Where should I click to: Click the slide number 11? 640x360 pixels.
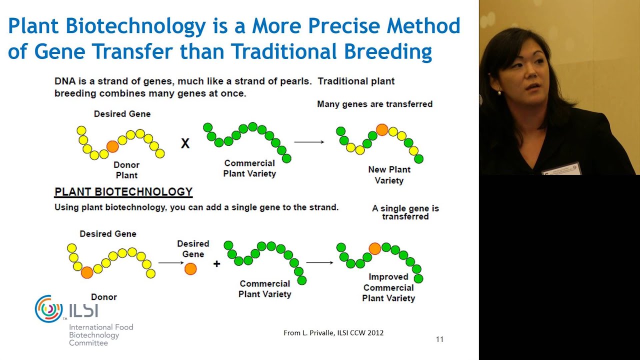(x=439, y=339)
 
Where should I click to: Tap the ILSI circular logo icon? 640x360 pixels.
(x=48, y=308)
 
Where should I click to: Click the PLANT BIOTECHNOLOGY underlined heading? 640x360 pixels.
(x=123, y=192)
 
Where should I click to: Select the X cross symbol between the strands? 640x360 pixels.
(x=185, y=144)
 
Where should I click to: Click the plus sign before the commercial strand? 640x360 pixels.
(x=216, y=264)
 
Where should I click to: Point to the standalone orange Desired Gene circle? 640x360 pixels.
(x=190, y=269)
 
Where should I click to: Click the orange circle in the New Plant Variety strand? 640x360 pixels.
(x=382, y=130)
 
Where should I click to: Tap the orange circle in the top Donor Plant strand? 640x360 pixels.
(x=112, y=146)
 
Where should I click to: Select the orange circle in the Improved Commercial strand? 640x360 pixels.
(x=374, y=248)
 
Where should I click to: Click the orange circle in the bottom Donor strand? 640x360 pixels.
(x=87, y=272)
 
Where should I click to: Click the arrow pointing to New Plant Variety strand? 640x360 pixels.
(x=309, y=142)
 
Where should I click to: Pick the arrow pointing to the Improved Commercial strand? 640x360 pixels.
(x=319, y=262)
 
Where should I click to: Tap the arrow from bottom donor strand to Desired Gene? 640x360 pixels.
(x=171, y=262)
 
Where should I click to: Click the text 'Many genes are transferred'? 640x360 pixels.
(x=374, y=104)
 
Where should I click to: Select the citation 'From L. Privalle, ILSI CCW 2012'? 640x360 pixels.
(x=333, y=332)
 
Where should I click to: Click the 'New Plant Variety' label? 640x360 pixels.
(x=389, y=175)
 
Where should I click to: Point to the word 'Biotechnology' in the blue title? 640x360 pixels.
(x=136, y=26)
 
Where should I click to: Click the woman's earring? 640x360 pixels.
(x=498, y=92)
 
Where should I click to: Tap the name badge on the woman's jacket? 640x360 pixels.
(x=562, y=169)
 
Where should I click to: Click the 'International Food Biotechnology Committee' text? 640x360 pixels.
(x=101, y=335)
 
